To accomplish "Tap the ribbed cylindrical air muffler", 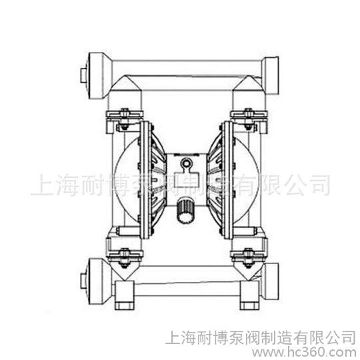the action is [185, 210].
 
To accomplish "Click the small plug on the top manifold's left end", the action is [83, 75].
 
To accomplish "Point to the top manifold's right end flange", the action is [271, 75].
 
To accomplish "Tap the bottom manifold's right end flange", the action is [271, 281].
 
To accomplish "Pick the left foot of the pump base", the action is [124, 295].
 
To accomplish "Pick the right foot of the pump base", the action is [249, 295].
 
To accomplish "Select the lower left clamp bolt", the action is [124, 257].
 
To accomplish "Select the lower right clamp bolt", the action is [248, 257].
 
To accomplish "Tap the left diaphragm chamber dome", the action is [125, 180].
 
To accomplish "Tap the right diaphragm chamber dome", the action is [247, 180].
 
